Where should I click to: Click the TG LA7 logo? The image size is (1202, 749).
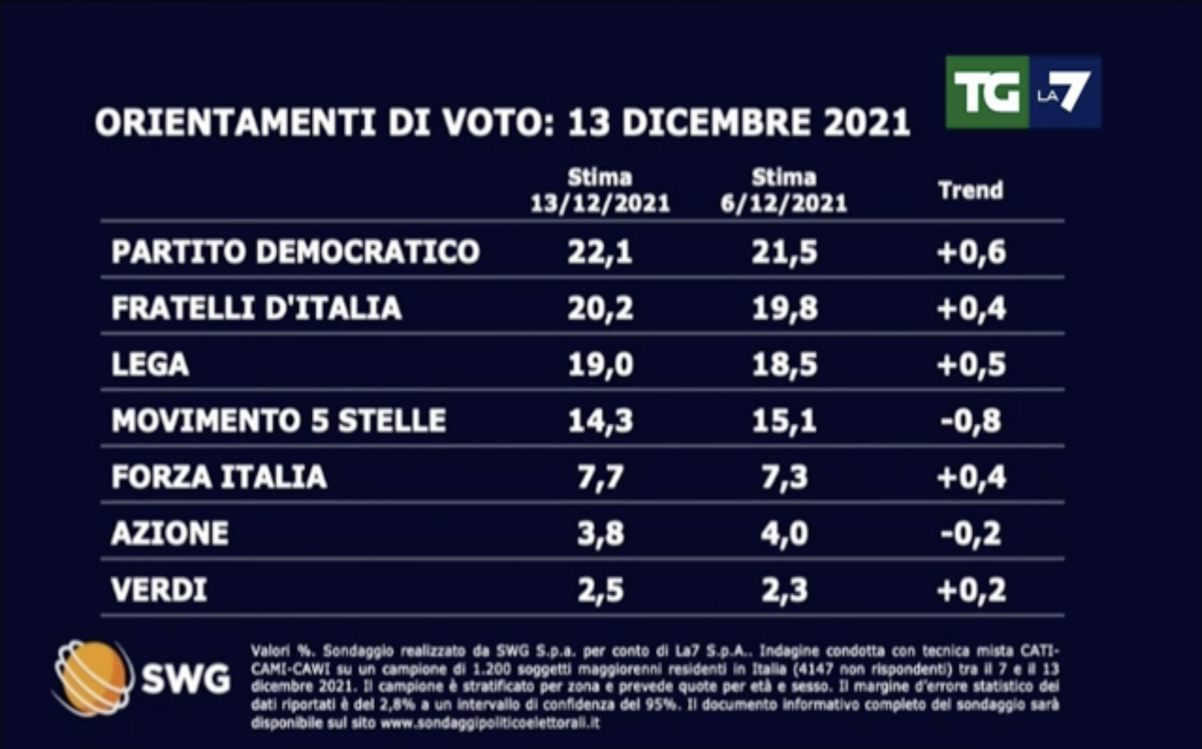pyautogui.click(x=1023, y=92)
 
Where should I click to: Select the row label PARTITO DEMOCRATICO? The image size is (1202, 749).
pyautogui.click(x=295, y=252)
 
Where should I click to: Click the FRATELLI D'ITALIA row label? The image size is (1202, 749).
pyautogui.click(x=256, y=308)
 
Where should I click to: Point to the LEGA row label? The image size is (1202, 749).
pyautogui.click(x=150, y=364)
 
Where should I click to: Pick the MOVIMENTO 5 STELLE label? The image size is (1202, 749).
pyautogui.click(x=279, y=420)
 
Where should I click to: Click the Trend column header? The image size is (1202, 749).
pyautogui.click(x=971, y=191)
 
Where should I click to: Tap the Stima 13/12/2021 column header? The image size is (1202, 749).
pyautogui.click(x=600, y=191)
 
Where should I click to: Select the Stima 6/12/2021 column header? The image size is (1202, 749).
pyautogui.click(x=784, y=191)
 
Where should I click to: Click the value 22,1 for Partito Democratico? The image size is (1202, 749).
pyautogui.click(x=600, y=252)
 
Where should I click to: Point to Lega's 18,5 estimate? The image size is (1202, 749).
pyautogui.click(x=784, y=365)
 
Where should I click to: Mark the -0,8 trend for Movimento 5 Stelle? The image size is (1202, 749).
pyautogui.click(x=971, y=421)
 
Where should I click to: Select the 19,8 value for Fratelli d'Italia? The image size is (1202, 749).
pyautogui.click(x=784, y=308)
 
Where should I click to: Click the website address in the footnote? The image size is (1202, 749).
pyautogui.click(x=490, y=723)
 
